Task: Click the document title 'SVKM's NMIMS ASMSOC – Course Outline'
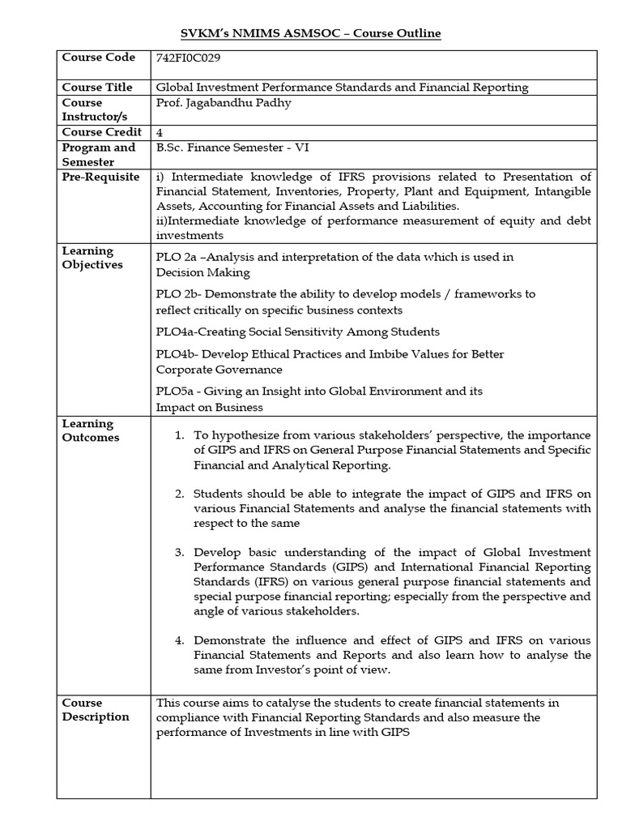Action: coord(310,33)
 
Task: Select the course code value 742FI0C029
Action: coord(188,58)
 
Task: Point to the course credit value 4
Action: coord(159,132)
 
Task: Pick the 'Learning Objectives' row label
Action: coord(93,258)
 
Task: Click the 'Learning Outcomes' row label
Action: coord(91,430)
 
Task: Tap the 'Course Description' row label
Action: coord(96,709)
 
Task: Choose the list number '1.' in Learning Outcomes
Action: coord(181,436)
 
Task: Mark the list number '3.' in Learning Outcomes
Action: coord(181,552)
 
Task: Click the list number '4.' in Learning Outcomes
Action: coord(181,640)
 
